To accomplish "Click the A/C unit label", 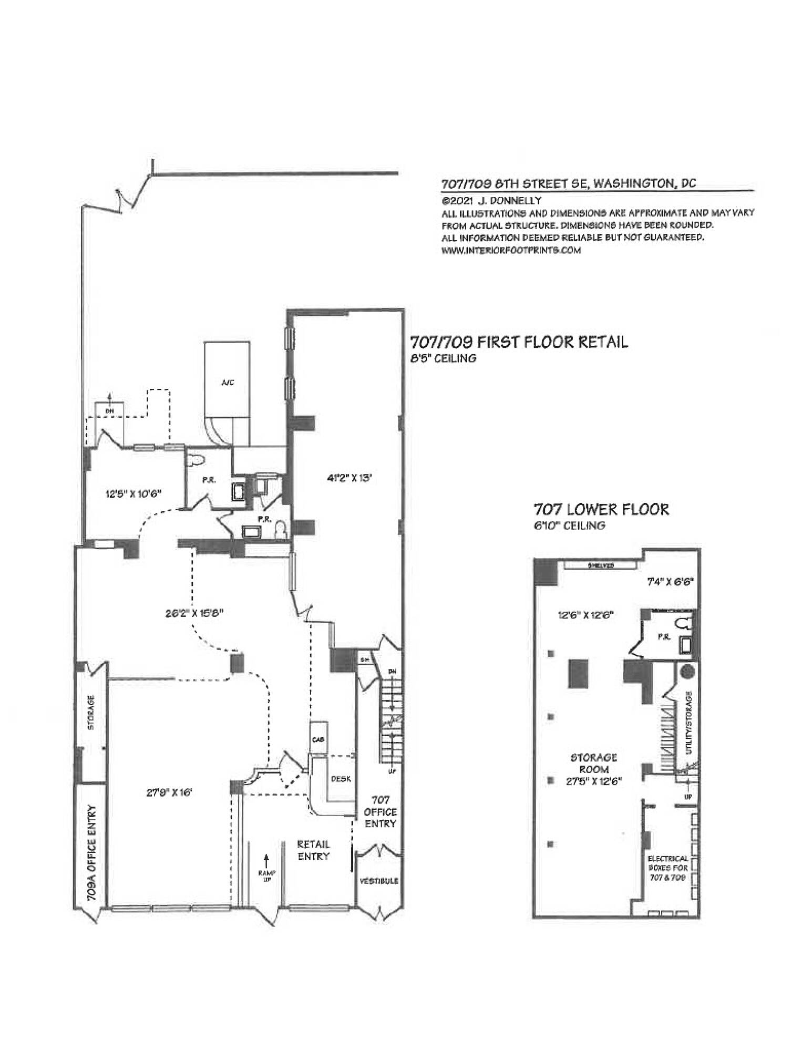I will pos(227,383).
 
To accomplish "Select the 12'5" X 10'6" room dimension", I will pos(133,493).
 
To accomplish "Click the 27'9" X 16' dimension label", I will pos(167,792).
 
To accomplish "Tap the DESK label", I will pos(341,779).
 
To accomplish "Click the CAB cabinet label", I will pos(318,739).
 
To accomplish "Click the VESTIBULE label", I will pos(378,881).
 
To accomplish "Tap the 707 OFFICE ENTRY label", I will pos(380,811).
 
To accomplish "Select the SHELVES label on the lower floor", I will pos(601,566).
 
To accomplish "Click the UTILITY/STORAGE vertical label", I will pos(690,723).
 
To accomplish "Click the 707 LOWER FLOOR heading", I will pos(601,509).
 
